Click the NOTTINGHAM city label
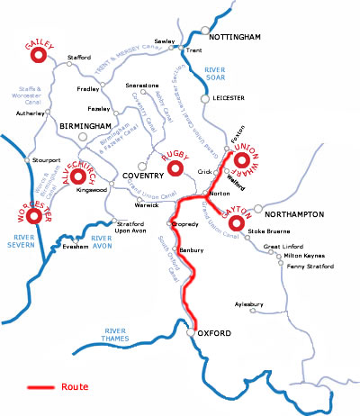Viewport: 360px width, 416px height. coord(234,38)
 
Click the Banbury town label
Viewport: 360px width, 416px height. coord(193,249)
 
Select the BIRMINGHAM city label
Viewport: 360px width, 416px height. coord(85,126)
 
